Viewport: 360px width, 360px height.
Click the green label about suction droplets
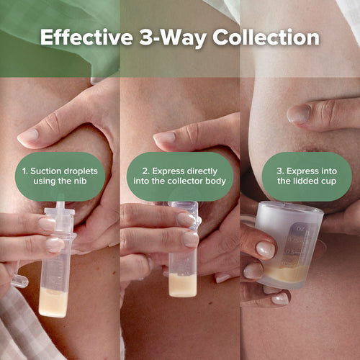60,176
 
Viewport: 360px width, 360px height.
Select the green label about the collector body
180,176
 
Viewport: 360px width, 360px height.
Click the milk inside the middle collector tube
182,284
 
